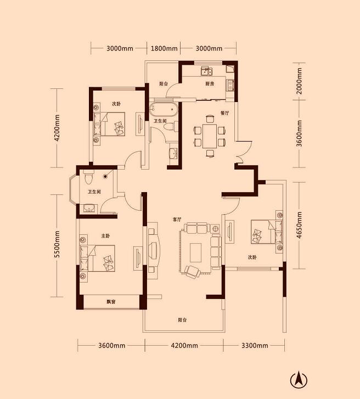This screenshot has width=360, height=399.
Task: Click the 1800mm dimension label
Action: pyautogui.click(x=164, y=48)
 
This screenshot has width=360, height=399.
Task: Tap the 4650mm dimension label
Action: pyautogui.click(x=299, y=225)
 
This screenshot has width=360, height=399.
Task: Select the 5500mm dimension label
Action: pyautogui.click(x=57, y=244)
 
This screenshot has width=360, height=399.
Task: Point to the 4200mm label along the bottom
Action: pyautogui.click(x=184, y=346)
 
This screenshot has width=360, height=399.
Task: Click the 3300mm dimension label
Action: pyautogui.click(x=255, y=346)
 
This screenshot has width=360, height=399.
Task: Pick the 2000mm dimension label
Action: pyautogui.click(x=299, y=81)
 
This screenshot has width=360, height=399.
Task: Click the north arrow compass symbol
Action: pyautogui.click(x=299, y=380)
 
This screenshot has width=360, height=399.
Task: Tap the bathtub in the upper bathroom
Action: pyautogui.click(x=163, y=109)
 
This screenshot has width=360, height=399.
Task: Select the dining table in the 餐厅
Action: pyautogui.click(x=210, y=136)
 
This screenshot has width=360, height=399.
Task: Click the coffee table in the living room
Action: pyautogui.click(x=196, y=252)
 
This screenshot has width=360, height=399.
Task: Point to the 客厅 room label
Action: pyautogui.click(x=177, y=220)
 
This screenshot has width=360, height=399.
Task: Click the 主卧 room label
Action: pyautogui.click(x=105, y=236)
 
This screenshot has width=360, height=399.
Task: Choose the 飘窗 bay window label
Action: pyautogui.click(x=111, y=302)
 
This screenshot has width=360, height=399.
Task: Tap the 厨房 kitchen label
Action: pyautogui.click(x=210, y=84)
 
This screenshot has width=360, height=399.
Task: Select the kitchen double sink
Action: pyautogui.click(x=206, y=71)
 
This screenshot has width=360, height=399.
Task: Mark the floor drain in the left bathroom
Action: pyautogui.click(x=105, y=176)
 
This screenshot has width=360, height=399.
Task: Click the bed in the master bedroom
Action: pyautogui.click(x=97, y=258)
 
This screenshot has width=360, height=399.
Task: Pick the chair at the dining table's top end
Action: pyautogui.click(x=210, y=119)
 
